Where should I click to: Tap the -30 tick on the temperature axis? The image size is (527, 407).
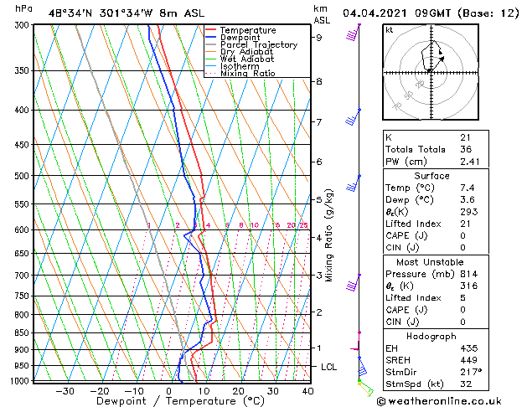tap(65, 391)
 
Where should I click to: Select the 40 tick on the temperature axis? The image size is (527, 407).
tap(307, 391)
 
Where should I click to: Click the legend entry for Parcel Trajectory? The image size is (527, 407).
tap(258, 44)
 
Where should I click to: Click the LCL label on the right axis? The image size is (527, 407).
tap(329, 367)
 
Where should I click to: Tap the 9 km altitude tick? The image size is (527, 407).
tap(319, 37)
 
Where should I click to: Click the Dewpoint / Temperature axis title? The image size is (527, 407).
tap(168, 401)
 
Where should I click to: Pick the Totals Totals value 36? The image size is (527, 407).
tap(465, 149)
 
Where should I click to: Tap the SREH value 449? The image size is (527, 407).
tap(468, 361)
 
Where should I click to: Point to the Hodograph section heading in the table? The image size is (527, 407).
tap(432, 336)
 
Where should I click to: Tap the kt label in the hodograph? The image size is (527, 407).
tap(389, 29)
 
